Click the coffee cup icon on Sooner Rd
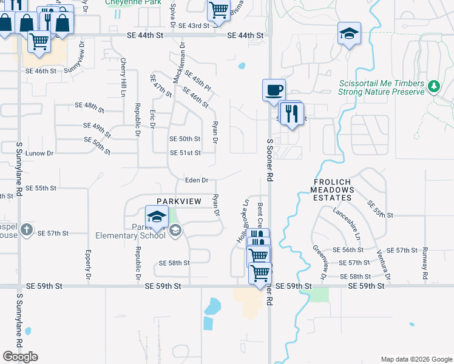[273, 89]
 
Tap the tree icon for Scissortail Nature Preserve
[433, 87]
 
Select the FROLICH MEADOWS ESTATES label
[333, 189]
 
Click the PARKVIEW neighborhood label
[179, 201]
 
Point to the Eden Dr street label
[197, 180]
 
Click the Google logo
[20, 357]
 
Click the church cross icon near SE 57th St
[25, 230]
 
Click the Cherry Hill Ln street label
[123, 77]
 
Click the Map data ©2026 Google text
[416, 359]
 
